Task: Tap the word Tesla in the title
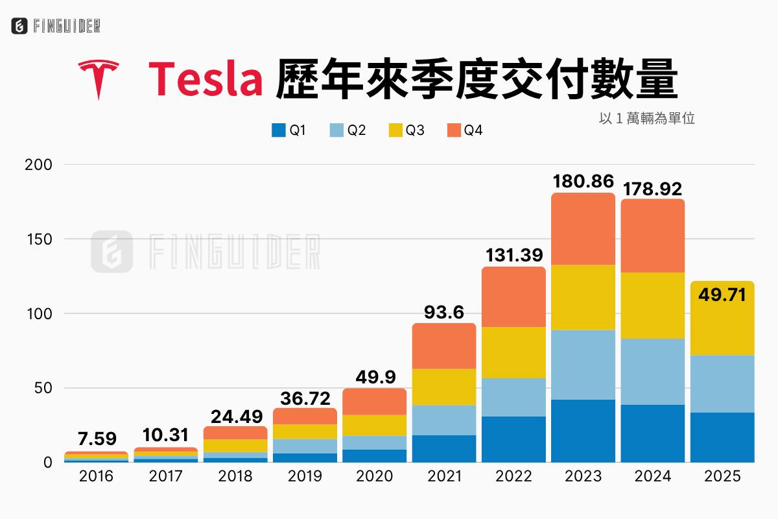click(x=206, y=78)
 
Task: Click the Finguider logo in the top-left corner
click(x=56, y=26)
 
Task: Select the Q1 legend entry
click(x=289, y=130)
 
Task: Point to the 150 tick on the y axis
click(x=39, y=239)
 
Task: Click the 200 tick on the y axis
click(x=39, y=165)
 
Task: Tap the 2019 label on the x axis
click(x=304, y=477)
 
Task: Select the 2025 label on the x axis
click(x=722, y=477)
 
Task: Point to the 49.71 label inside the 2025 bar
click(x=722, y=296)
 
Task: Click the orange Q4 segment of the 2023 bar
click(x=583, y=229)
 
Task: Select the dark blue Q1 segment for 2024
click(x=652, y=433)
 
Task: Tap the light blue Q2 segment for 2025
click(x=722, y=383)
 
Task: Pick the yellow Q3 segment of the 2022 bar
click(x=513, y=352)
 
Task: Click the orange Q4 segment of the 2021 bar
click(x=443, y=346)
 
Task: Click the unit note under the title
click(x=647, y=119)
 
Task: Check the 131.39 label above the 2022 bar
click(x=513, y=256)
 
